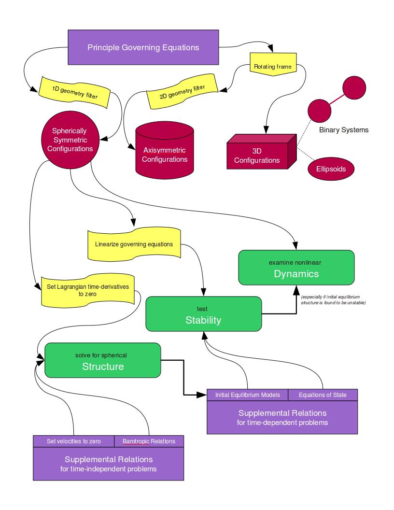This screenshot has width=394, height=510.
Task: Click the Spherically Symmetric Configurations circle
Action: coord(70,139)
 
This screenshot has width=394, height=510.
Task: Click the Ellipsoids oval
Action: coord(331,169)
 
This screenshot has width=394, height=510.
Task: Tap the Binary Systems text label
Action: coord(343,130)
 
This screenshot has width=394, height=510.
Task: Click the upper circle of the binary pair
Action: coord(354,87)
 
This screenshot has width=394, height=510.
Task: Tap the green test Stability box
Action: coord(203,314)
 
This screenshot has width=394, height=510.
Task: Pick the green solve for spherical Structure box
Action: coord(102,360)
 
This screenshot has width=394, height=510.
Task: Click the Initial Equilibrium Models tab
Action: coord(247,395)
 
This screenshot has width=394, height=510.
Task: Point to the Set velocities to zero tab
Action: coord(73,441)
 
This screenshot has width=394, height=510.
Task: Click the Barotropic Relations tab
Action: coord(149,441)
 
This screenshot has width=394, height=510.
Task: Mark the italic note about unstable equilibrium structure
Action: coord(333,300)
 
